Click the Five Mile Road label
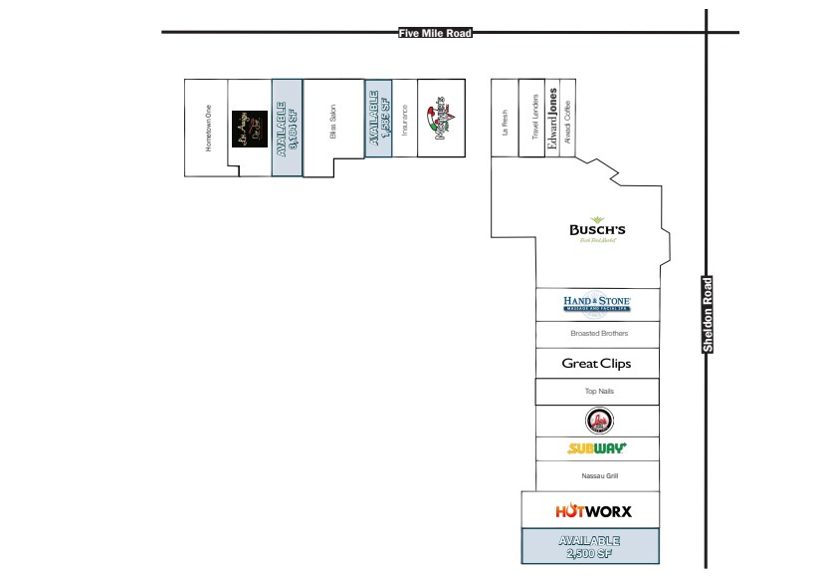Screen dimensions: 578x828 (434, 33)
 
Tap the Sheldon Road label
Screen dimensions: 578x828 (708, 315)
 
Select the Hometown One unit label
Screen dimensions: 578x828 (209, 129)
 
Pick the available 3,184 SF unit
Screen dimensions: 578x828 (287, 128)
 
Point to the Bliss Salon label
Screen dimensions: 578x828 (333, 129)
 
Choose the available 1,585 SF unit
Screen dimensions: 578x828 (379, 118)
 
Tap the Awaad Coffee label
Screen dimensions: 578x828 (568, 118)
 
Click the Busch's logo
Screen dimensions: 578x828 (597, 230)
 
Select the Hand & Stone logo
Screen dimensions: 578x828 (597, 303)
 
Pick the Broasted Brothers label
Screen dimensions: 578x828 (599, 333)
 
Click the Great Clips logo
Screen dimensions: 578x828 (597, 364)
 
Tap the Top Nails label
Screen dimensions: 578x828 (598, 392)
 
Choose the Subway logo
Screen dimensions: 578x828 (597, 448)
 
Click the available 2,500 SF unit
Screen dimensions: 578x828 (591, 546)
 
